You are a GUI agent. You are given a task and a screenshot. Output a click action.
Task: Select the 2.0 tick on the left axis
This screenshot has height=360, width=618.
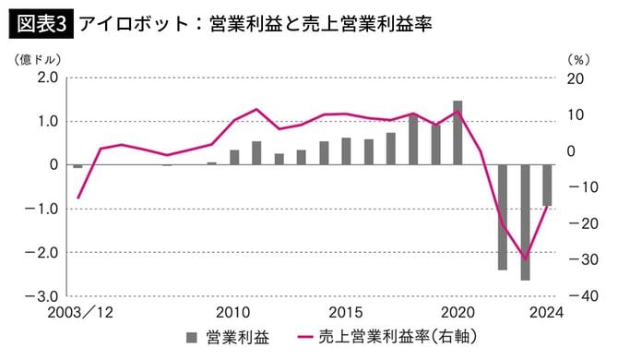tap(46, 78)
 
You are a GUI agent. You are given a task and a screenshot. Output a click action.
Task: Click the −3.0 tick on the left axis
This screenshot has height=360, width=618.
tap(44, 296)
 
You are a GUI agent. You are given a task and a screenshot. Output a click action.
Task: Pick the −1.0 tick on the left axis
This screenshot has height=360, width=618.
tap(44, 209)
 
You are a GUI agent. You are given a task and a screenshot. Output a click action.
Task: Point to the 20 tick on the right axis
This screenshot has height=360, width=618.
tap(574, 78)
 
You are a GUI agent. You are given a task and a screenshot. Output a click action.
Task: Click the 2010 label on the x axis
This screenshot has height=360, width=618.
tap(234, 313)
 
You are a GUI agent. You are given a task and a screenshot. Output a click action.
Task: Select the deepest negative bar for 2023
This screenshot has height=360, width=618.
tap(526, 222)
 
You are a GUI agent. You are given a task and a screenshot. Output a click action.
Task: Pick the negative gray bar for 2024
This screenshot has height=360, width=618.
tap(547, 186)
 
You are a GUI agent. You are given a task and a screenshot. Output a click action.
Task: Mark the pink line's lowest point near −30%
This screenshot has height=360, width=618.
tap(526, 259)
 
